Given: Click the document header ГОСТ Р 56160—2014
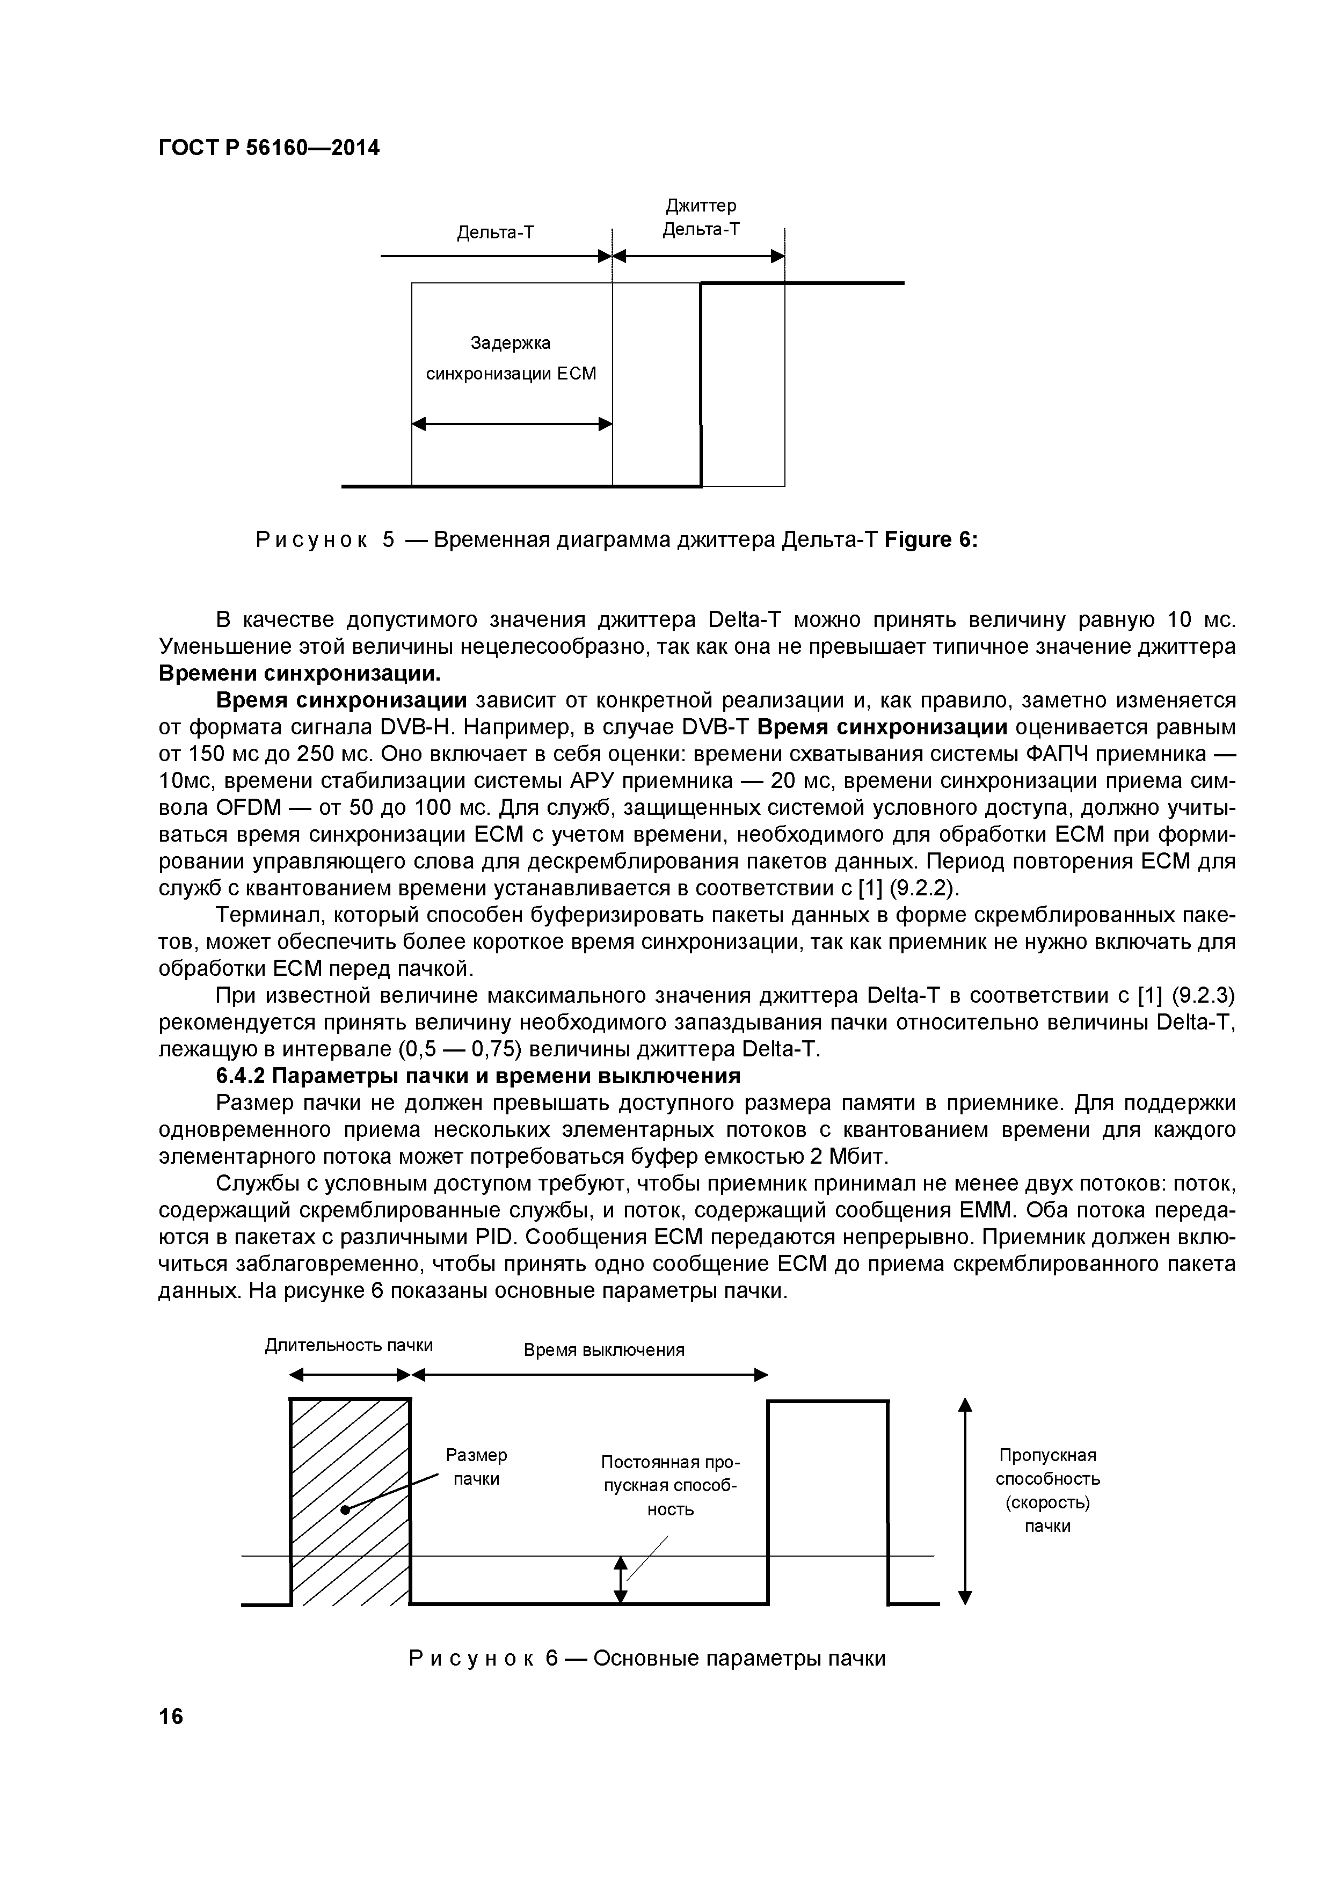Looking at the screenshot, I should coord(269,149).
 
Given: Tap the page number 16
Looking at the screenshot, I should coord(171,1716).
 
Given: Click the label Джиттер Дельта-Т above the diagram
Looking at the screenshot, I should coord(701,217).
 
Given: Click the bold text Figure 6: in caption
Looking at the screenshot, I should coord(931,541).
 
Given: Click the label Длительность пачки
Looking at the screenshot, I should coord(348,1345).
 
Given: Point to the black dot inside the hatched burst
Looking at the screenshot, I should coord(345,1509).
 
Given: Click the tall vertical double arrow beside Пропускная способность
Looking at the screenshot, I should coord(965,1501).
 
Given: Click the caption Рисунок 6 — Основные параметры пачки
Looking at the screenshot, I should coord(647,1658).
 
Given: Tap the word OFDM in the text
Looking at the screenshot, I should coord(249,808).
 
